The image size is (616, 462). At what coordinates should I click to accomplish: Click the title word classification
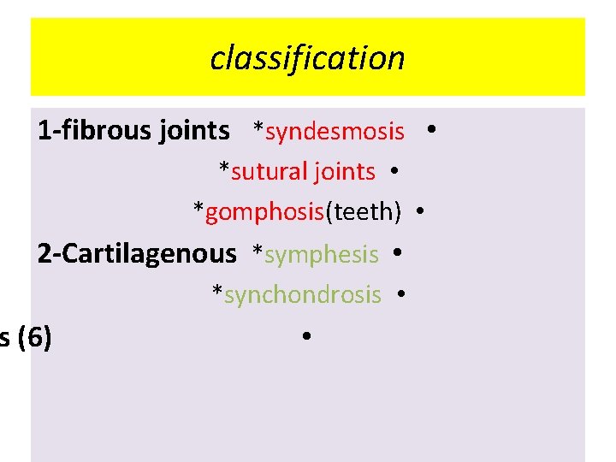307,58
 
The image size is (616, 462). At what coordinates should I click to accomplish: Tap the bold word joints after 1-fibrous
194,131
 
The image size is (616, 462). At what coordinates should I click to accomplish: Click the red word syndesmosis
335,132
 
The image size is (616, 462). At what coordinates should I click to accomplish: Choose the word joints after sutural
344,172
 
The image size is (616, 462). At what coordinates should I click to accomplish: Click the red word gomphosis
265,212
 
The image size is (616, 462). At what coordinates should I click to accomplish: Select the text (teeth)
364,212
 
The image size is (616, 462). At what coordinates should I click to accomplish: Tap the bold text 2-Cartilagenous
137,253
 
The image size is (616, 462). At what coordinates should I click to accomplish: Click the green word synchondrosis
302,294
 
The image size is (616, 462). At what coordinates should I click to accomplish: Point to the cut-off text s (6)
26,337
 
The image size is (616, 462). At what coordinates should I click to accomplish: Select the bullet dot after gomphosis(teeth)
421,211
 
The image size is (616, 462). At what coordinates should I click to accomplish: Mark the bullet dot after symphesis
398,253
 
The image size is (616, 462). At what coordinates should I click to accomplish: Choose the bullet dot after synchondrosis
400,293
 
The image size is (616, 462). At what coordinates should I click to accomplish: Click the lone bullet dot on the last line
305,336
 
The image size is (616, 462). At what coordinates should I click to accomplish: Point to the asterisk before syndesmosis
258,130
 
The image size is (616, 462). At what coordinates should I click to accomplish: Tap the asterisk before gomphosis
198,210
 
